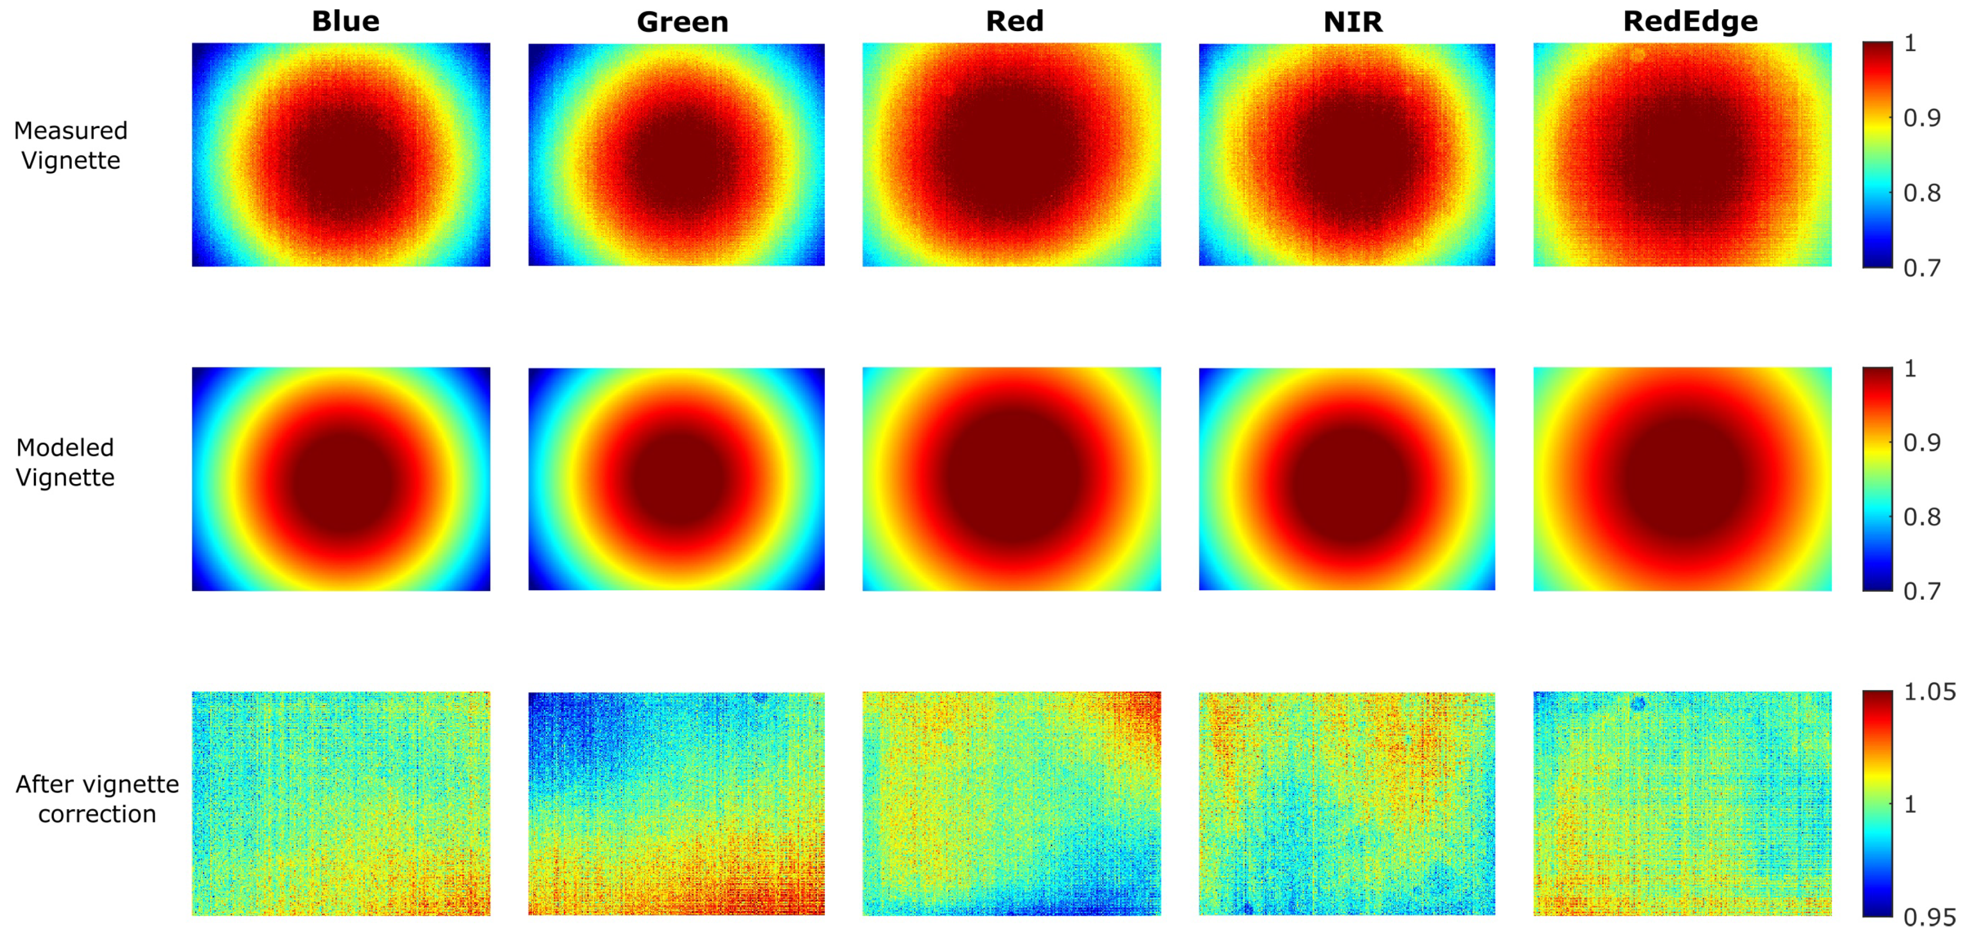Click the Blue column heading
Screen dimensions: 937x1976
345,21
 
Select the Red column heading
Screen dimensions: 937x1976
1014,21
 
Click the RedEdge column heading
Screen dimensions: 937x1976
1690,21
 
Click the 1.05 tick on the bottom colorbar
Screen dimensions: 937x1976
1929,692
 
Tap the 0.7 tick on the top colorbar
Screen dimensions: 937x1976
1922,268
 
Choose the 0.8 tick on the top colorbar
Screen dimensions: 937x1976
1922,193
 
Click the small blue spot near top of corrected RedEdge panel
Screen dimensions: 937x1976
1638,703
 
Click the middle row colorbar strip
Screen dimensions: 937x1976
1877,479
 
